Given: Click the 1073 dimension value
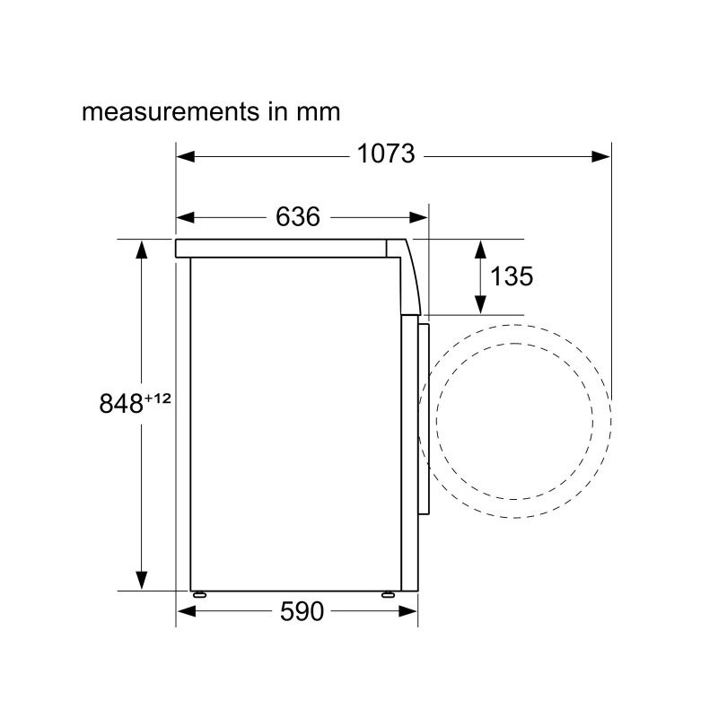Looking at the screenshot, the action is [386, 153].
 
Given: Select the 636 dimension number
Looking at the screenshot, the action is [298, 216].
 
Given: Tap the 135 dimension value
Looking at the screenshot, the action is [512, 276].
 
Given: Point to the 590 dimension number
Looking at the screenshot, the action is [302, 611].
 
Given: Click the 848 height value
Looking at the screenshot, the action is [121, 403].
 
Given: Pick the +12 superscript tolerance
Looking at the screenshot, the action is [158, 398].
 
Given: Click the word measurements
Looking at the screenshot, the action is [171, 111].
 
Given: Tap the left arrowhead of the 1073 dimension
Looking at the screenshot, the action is [186, 156].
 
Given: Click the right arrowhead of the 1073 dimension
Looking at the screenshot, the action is [600, 156].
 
